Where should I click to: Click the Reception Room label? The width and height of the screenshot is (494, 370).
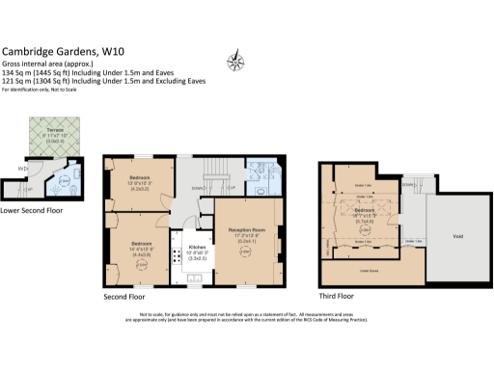[x=249, y=229]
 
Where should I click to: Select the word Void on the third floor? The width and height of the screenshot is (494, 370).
[x=457, y=236]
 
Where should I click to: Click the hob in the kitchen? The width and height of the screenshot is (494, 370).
[x=178, y=256]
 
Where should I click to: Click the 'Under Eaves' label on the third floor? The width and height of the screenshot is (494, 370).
[x=368, y=272]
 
